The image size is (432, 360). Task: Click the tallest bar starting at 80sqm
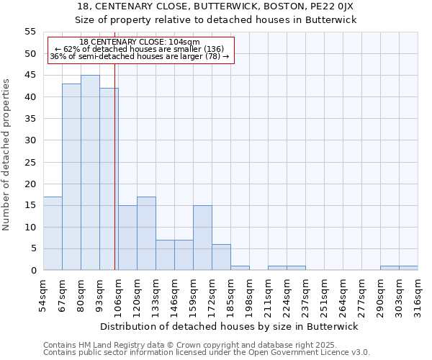click(90, 173)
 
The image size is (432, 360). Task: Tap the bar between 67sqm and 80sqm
click(71, 177)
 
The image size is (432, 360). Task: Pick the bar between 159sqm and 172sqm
click(202, 238)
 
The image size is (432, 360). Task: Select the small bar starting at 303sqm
click(408, 268)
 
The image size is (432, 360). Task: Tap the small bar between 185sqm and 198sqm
click(240, 268)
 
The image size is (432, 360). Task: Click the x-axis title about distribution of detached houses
click(229, 326)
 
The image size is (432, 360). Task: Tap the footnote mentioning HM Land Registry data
click(197, 345)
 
